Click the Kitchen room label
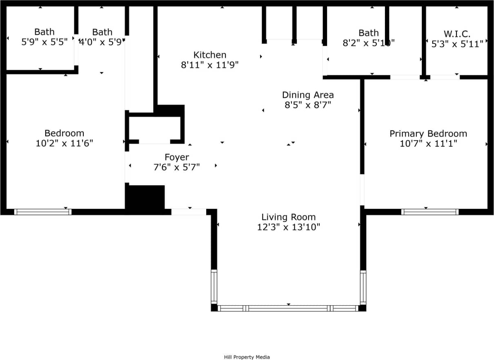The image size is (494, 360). pos(209,55)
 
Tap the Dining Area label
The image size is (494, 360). pos(307,95)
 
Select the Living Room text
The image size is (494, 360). pos(288,217)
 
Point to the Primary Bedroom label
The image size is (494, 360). pos(428,134)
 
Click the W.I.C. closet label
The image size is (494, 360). pos(457,34)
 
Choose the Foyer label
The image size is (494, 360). pos(176,157)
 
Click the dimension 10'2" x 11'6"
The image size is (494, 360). pos(65,143)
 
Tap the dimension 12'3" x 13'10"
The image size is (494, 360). pos(288,227)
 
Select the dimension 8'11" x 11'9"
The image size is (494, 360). pos(209,65)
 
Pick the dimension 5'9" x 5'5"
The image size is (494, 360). pos(44,42)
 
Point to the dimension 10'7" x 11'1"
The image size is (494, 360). pos(428,143)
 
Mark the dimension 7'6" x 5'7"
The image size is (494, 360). pos(176,167)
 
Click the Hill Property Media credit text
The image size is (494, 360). pos(247,357)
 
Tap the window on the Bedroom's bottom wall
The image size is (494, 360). pos(43,212)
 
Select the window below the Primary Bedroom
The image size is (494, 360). pos(429,212)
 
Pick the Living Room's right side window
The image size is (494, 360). pos(363,287)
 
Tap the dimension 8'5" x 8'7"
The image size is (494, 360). pos(307,105)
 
